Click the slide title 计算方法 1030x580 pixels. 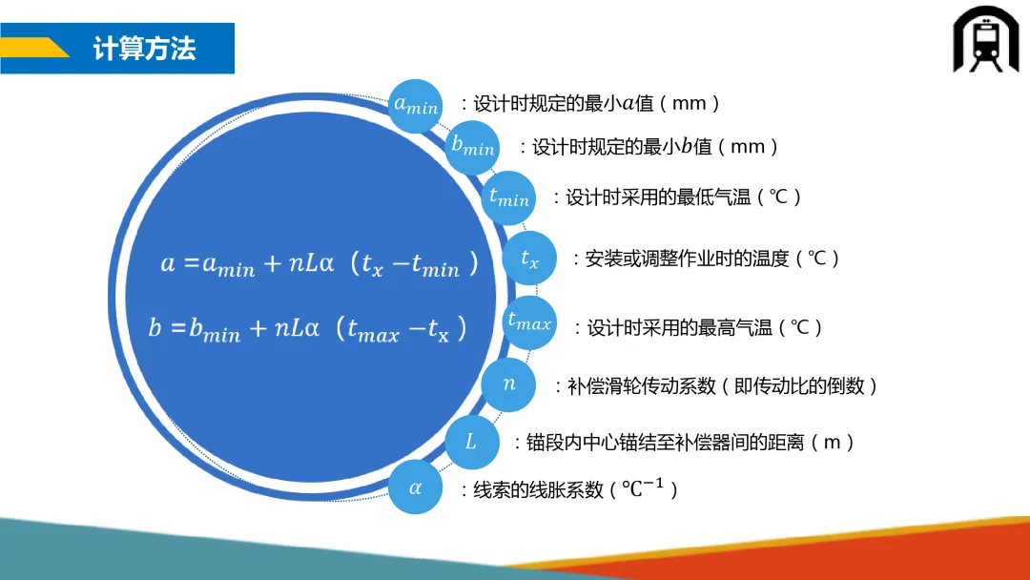coord(145,49)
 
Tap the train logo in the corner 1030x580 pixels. coord(985,39)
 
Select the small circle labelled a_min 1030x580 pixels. coord(415,106)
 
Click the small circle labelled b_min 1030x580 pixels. coord(472,147)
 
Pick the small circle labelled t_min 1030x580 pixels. coord(508,197)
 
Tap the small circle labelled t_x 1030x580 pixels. coord(529,259)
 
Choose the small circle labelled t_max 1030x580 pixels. coord(528,322)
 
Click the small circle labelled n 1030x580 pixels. coord(508,384)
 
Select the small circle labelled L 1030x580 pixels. coord(472,442)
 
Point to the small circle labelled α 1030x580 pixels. coord(415,487)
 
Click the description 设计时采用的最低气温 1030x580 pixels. coord(658,197)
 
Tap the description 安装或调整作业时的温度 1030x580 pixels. coord(687,259)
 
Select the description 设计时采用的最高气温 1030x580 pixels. coord(679,327)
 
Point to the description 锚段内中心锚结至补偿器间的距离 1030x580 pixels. coord(665,443)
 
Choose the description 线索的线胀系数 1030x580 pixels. coord(538,490)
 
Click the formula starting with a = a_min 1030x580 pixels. coord(319,264)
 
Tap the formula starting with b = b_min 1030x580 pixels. coord(307,328)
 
